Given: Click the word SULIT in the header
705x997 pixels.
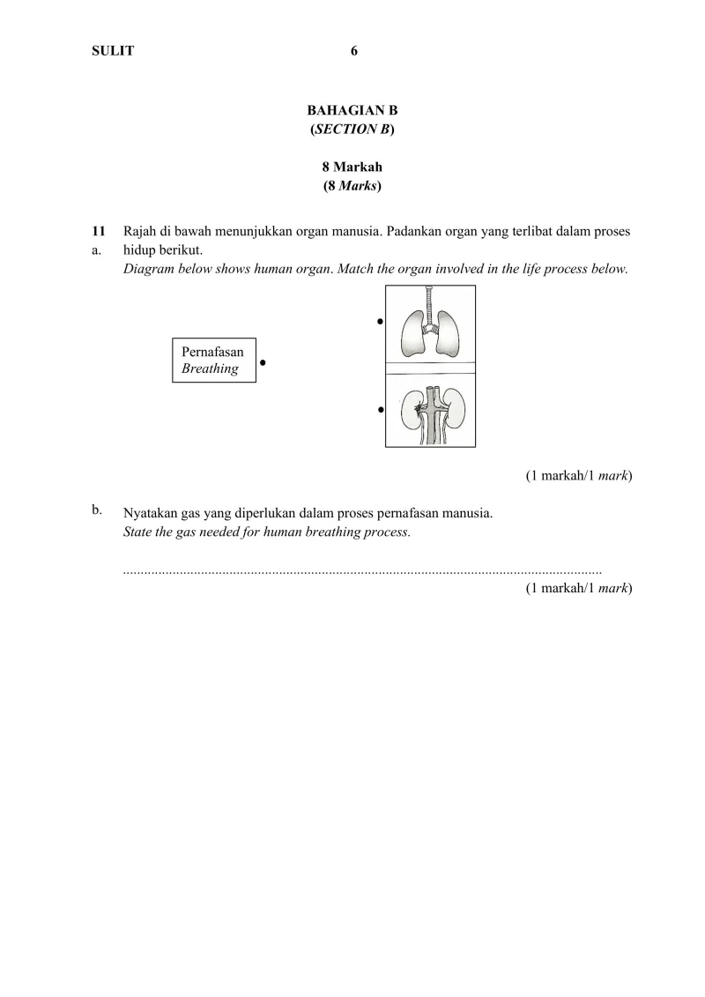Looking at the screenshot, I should click(113, 51).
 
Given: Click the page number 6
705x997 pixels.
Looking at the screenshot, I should click(353, 51).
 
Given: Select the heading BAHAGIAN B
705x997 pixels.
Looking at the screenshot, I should click(352, 111).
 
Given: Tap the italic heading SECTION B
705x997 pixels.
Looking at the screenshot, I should click(352, 130).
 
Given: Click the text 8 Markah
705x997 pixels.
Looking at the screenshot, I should click(352, 167).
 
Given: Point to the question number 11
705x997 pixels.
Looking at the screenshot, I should click(99, 232).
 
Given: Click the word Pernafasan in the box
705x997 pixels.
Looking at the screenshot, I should click(212, 352).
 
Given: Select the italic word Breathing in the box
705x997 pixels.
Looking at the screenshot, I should click(210, 368).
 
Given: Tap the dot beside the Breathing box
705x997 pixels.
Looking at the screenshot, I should click(263, 362).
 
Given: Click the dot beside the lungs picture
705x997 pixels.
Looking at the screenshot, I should click(380, 321).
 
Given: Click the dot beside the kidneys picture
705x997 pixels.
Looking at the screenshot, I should click(380, 409).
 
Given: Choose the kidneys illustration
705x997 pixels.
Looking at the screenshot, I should click(430, 410).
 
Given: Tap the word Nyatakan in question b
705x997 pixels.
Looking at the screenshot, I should click(149, 513).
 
